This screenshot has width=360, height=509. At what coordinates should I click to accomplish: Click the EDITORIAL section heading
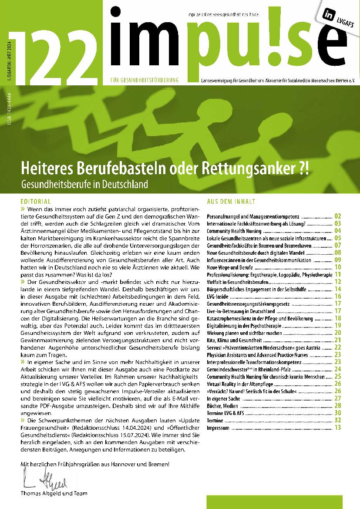36,202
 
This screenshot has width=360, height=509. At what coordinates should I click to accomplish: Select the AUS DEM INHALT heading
231,202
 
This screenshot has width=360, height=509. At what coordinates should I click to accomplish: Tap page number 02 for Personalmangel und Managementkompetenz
337,216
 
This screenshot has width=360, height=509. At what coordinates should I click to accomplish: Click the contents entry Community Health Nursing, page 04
234,231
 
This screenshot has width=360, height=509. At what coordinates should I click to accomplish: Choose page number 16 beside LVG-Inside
337,296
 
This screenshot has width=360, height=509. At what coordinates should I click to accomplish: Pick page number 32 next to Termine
337,420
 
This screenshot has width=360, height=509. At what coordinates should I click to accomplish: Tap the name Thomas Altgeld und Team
54,493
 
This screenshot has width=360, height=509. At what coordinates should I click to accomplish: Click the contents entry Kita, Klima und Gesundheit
234,340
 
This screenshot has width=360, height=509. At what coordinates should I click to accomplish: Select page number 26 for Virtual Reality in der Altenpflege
337,384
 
